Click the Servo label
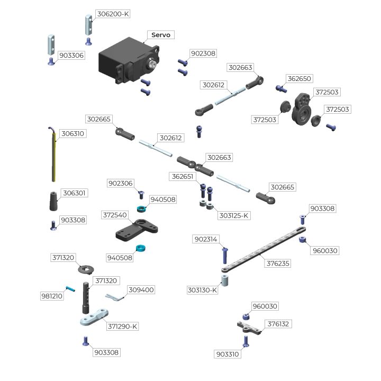(x=161, y=35)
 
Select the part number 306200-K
(x=113, y=14)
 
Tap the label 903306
(x=71, y=55)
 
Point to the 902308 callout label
(x=204, y=53)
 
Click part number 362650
(x=300, y=78)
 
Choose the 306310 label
(x=73, y=134)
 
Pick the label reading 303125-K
(x=234, y=216)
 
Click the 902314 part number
(x=206, y=239)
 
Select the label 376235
(x=278, y=263)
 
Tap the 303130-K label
(x=202, y=290)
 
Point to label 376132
(x=279, y=323)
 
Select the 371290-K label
(x=122, y=326)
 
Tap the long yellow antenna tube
(x=53, y=157)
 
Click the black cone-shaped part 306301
(x=53, y=201)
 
